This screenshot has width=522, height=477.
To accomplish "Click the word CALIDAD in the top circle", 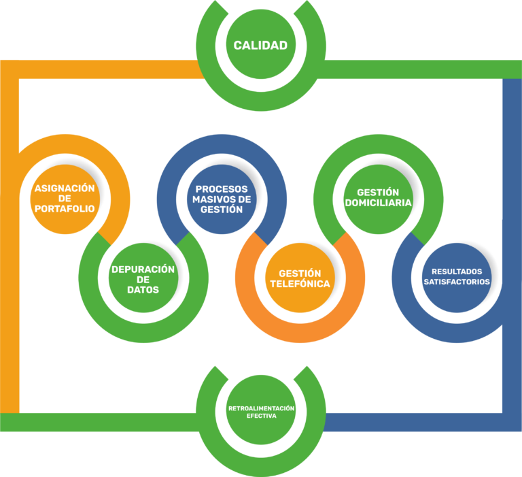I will (260, 46).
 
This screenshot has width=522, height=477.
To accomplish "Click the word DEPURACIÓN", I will (143, 269).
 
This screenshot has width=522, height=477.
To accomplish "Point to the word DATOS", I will (143, 290).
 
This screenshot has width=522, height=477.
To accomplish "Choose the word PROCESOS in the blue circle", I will (222, 188).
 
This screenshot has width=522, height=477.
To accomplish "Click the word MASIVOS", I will (211, 199).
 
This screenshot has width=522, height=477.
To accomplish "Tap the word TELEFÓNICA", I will (300, 284).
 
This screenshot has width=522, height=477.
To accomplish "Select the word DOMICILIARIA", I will (377, 203).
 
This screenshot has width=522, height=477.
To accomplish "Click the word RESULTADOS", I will (457, 272).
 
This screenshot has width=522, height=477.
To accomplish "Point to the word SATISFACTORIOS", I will (457, 282).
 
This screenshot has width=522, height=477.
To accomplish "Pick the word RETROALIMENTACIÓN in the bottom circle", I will (261, 408).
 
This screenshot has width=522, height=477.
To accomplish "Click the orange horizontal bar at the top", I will (102, 69).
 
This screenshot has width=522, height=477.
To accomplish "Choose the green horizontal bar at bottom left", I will (102, 422).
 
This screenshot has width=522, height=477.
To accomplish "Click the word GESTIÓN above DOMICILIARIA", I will (377, 193).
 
